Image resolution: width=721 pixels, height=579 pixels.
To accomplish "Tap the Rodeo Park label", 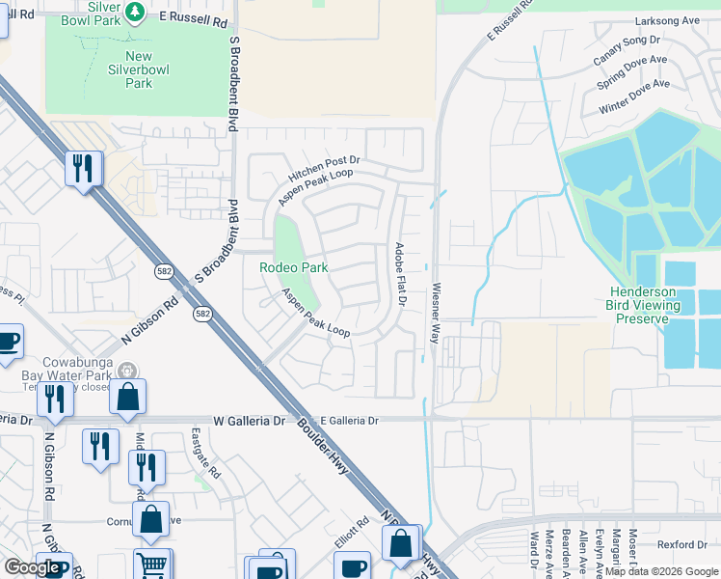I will [294, 267].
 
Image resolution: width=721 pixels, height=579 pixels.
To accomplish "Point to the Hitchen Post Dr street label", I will [324, 171].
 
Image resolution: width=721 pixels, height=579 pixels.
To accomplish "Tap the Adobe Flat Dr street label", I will [400, 275].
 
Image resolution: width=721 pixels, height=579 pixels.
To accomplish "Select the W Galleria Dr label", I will [250, 421].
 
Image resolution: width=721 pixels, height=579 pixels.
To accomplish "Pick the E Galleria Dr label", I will [351, 421].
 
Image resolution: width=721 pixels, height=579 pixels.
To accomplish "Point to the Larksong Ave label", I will [666, 20].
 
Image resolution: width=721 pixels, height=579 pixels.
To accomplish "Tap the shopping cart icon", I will [151, 565].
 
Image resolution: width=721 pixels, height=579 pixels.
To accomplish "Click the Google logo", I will [33, 567].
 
